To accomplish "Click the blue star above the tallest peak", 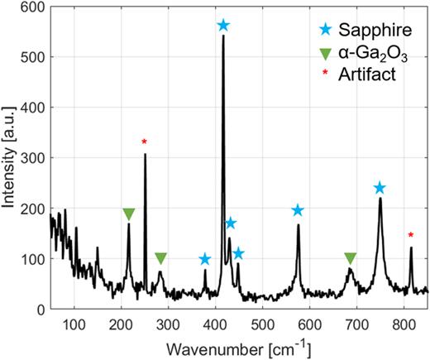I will pyautogui.click(x=222, y=26).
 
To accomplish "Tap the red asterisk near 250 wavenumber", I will pyautogui.click(x=144, y=142).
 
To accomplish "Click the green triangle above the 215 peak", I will pyautogui.click(x=128, y=214).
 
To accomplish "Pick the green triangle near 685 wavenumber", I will pyautogui.click(x=351, y=258).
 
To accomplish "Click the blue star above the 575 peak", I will pyautogui.click(x=298, y=211).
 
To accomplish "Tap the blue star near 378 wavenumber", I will pyautogui.click(x=205, y=260).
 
